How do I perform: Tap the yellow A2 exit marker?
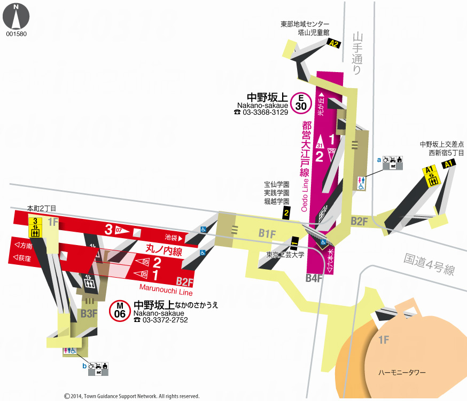coord(334,44)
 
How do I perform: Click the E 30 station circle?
coord(301,103)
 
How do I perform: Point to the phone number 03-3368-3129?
coord(261,113)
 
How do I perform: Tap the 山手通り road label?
coord(357,53)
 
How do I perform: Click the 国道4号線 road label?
coord(429,263)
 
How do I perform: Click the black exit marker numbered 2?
coord(286,214)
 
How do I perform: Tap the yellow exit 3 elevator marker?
coord(35,227)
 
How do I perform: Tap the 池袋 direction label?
coord(173,237)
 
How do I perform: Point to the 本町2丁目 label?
coord(42,208)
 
